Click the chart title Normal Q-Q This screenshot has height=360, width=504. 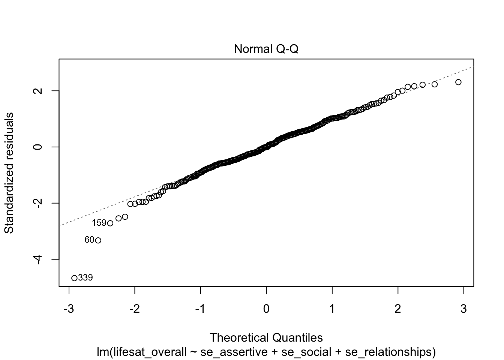coord(266,49)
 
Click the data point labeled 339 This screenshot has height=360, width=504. coord(74,278)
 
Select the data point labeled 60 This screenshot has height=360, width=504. coord(98,240)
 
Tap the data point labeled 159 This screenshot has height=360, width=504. coord(110,223)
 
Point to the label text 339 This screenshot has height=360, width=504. coord(85,278)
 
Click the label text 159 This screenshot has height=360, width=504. coord(99,223)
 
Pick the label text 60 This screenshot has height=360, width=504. coord(89,240)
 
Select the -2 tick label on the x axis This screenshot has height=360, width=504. coord(134,309)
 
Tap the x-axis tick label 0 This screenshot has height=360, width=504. coord(266,309)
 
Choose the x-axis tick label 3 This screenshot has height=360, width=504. coord(463,309)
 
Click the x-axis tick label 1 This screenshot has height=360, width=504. coord(332,309)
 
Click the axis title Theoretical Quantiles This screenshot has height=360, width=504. coord(266,337)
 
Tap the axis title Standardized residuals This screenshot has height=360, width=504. coord(9,172)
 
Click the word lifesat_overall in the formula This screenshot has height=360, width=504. coord(148,352)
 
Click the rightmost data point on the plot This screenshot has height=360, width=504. coord(458,82)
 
